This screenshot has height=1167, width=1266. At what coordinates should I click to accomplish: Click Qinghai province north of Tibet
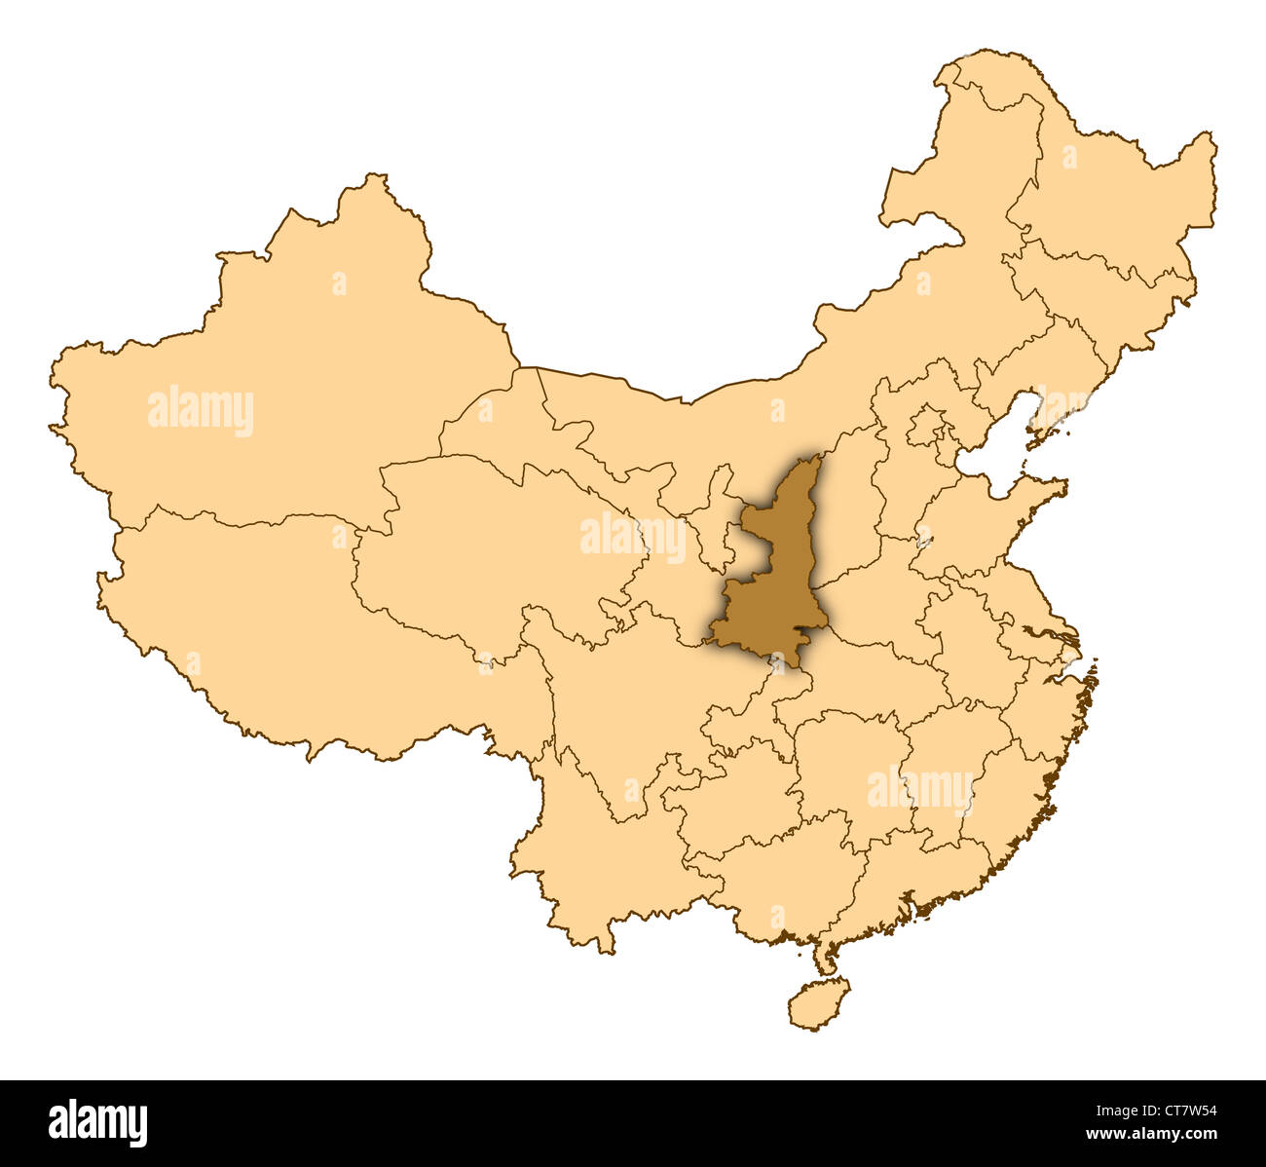click(487, 546)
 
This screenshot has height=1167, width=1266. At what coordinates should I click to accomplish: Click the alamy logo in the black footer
click(97, 1122)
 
